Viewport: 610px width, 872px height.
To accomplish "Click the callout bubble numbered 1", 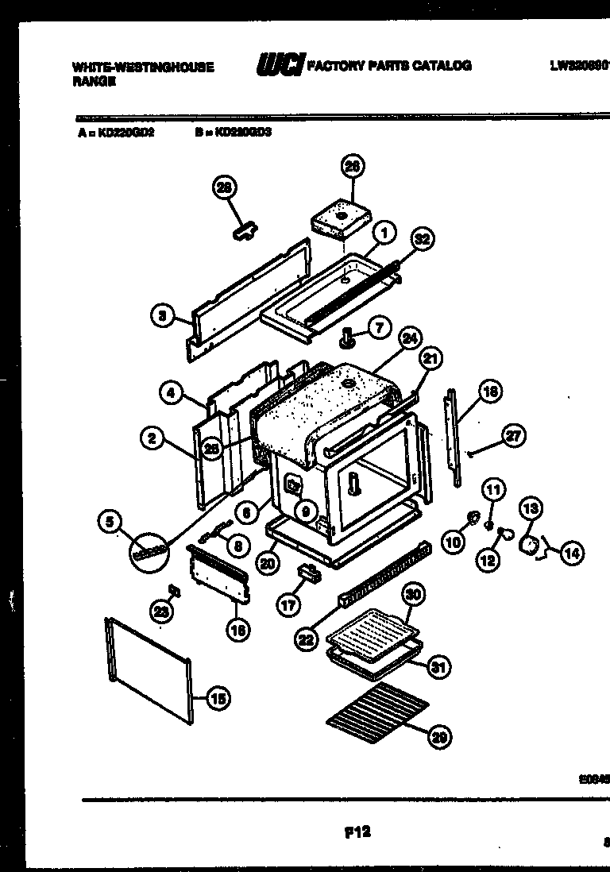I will tap(384, 234).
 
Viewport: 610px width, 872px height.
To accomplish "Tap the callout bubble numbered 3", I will tap(162, 316).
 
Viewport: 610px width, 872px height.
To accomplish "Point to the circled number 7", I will tap(378, 326).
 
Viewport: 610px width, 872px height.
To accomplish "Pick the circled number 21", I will tap(429, 361).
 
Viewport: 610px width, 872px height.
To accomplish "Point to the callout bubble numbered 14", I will tap(571, 554).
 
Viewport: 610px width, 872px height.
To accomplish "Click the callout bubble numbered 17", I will tap(288, 604).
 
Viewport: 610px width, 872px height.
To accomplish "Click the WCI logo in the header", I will tap(278, 65).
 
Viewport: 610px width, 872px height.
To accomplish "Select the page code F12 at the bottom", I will tap(358, 832).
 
